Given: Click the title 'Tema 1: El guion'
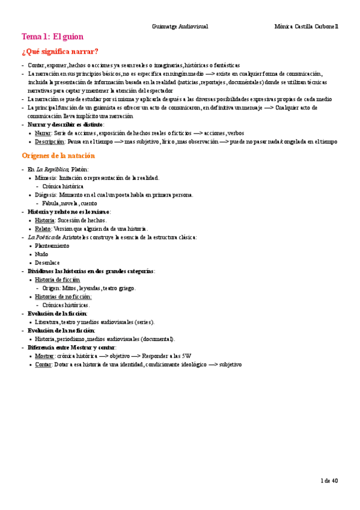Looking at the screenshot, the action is click(x=52, y=36).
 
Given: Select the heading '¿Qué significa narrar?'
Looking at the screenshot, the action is click(x=60, y=51).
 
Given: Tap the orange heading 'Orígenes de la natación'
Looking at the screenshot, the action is click(x=58, y=156).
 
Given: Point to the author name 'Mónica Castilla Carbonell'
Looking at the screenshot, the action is click(x=306, y=26).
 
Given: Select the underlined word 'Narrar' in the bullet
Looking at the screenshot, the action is click(x=43, y=132).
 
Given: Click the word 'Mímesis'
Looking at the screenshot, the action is click(x=46, y=178).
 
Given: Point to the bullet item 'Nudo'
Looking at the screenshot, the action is click(x=42, y=254).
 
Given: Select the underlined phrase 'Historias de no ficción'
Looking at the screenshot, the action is click(x=63, y=296).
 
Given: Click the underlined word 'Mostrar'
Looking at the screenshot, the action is click(x=44, y=356).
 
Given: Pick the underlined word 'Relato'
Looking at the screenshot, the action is click(x=43, y=229).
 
